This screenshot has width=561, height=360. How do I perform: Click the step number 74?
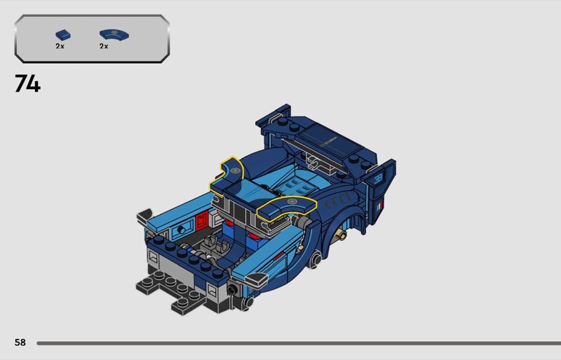[x=27, y=84]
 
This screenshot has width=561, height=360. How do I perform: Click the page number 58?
[x=20, y=342]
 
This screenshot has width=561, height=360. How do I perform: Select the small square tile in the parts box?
[x=63, y=35]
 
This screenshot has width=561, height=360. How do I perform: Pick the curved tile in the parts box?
[x=114, y=34]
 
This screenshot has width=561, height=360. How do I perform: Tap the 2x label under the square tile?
[x=60, y=46]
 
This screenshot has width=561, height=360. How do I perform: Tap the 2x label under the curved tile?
[x=104, y=46]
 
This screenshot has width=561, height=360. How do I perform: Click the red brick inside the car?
[x=202, y=220]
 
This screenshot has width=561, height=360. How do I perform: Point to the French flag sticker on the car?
[x=379, y=206]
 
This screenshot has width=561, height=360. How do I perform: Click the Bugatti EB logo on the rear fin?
[x=379, y=178]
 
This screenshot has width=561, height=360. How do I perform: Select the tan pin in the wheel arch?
[x=342, y=234]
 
